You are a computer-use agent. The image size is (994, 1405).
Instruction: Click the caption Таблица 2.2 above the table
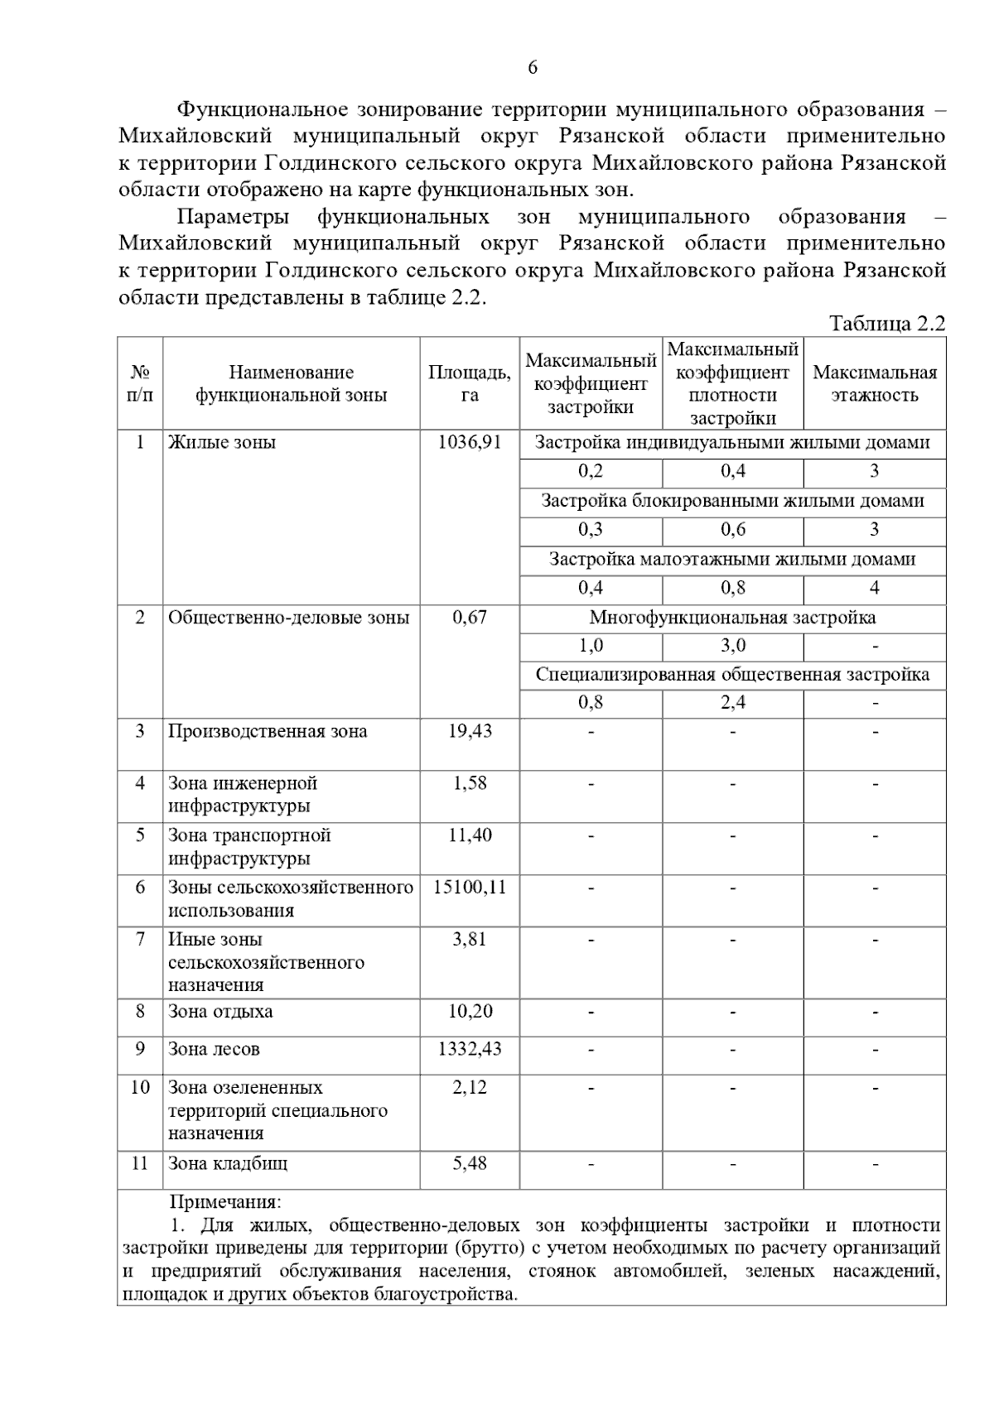coord(886,324)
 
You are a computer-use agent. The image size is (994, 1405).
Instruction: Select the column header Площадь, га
coord(469,383)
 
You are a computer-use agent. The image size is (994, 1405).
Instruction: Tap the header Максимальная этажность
coord(874,383)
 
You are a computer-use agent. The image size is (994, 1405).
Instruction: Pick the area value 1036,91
coord(469,442)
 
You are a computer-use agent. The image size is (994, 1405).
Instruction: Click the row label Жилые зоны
coord(222,442)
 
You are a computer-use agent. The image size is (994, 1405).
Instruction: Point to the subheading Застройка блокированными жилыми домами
coord(732,501)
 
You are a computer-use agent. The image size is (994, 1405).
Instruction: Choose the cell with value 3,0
coord(732,646)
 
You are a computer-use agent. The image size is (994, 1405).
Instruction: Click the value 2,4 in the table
coord(732,703)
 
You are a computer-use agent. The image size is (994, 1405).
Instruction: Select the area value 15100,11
coord(469,888)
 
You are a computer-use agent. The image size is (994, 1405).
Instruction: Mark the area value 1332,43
coord(469,1049)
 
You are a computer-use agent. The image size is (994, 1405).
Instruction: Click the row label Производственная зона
coord(268,731)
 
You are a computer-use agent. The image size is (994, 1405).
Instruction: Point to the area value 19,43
coord(469,731)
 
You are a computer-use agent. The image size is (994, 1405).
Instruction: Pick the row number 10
coord(140,1087)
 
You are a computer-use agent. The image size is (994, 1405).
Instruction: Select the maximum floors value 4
coord(874,588)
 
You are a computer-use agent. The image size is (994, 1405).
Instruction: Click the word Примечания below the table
coord(225,1201)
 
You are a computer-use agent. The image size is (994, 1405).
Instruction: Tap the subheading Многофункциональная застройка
coord(732,618)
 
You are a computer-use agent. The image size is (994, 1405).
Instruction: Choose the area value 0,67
coord(469,618)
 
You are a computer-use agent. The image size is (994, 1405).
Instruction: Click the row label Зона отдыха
coord(220,1011)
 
